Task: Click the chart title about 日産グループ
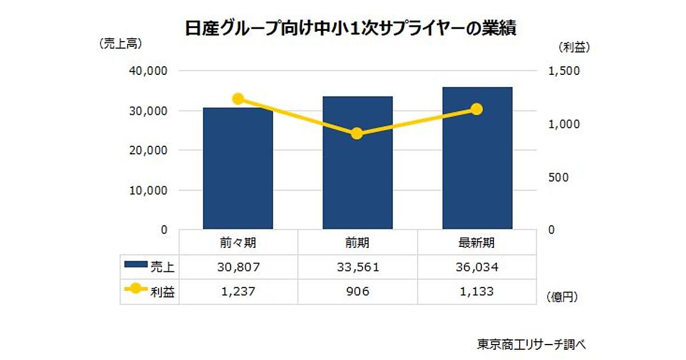[350, 29]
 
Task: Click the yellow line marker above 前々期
[238, 99]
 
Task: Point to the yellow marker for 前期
[357, 134]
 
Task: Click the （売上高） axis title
[120, 43]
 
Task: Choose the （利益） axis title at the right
[574, 48]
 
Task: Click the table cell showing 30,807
[238, 266]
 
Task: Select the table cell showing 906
[357, 291]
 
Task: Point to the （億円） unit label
[561, 297]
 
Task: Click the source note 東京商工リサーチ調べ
[532, 345]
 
